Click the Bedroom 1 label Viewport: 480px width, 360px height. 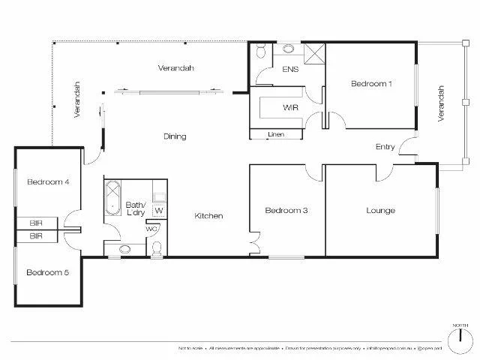click(x=371, y=84)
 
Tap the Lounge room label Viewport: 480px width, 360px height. click(x=380, y=211)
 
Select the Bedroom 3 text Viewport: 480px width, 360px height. click(x=286, y=211)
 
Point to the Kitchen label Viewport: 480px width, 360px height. click(x=208, y=216)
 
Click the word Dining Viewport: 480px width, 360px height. click(x=175, y=136)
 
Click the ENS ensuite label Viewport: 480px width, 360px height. click(x=289, y=70)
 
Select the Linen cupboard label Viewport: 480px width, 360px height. click(x=275, y=135)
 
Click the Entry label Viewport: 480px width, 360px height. click(x=385, y=147)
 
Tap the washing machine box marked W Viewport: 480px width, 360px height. click(x=159, y=211)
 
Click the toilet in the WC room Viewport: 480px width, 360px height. click(x=156, y=247)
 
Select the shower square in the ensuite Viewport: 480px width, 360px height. click(x=314, y=53)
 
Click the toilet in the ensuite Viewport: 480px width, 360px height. click(x=259, y=52)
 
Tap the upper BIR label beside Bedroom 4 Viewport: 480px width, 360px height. click(x=36, y=223)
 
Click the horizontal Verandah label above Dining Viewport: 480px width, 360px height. click(x=176, y=68)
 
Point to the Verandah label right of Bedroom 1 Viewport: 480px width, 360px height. click(x=441, y=103)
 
